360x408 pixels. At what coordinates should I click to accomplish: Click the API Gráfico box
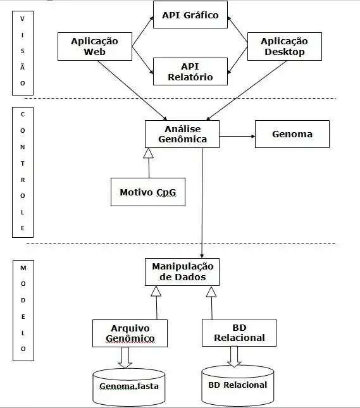tap(190, 16)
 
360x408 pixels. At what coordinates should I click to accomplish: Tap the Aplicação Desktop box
tap(284, 46)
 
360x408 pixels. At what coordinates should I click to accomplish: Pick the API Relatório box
tap(190, 71)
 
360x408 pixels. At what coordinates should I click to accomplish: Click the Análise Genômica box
tap(182, 133)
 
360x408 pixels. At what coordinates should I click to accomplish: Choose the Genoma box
tap(292, 134)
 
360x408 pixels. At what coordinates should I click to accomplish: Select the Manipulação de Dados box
tap(182, 273)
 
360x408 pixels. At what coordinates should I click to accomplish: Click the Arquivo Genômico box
tap(130, 333)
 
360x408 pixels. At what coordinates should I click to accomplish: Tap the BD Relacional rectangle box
tap(240, 332)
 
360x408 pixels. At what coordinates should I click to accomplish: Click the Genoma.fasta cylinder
tap(130, 386)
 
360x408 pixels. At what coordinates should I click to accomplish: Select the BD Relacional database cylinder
tap(238, 385)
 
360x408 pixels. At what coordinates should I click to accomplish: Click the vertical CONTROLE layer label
tap(23, 171)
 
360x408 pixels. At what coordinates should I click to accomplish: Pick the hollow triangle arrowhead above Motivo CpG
tap(149, 153)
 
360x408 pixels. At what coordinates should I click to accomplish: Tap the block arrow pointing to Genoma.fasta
tap(125, 357)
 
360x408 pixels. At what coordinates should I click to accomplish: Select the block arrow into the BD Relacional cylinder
tap(235, 356)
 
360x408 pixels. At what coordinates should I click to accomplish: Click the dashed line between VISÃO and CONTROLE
tap(190, 99)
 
